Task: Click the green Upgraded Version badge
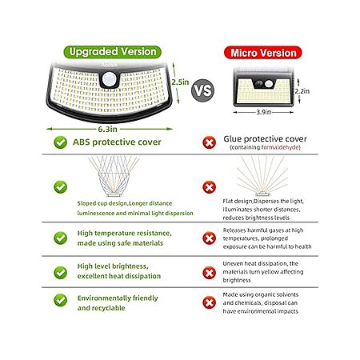coord(112,52)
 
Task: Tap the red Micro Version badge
coord(263,53)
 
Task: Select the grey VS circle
coord(202,90)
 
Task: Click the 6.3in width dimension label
coord(107,129)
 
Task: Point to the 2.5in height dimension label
coord(180,82)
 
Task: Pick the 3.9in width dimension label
coord(263,112)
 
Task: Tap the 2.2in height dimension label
coord(302,91)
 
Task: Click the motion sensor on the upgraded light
coord(110,79)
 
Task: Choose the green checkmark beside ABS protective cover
coord(61,142)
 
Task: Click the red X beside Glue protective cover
coord(210,142)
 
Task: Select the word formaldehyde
coord(280,147)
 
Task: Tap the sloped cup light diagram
coord(114,176)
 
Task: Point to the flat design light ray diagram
coord(262,176)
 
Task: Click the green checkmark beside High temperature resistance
coord(61,238)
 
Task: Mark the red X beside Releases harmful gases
coord(210,238)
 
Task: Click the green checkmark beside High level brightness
coord(61,273)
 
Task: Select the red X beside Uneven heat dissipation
coord(210,273)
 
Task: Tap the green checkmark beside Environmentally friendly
coord(61,300)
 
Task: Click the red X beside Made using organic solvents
coord(210,302)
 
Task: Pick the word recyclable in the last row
coord(109,308)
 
